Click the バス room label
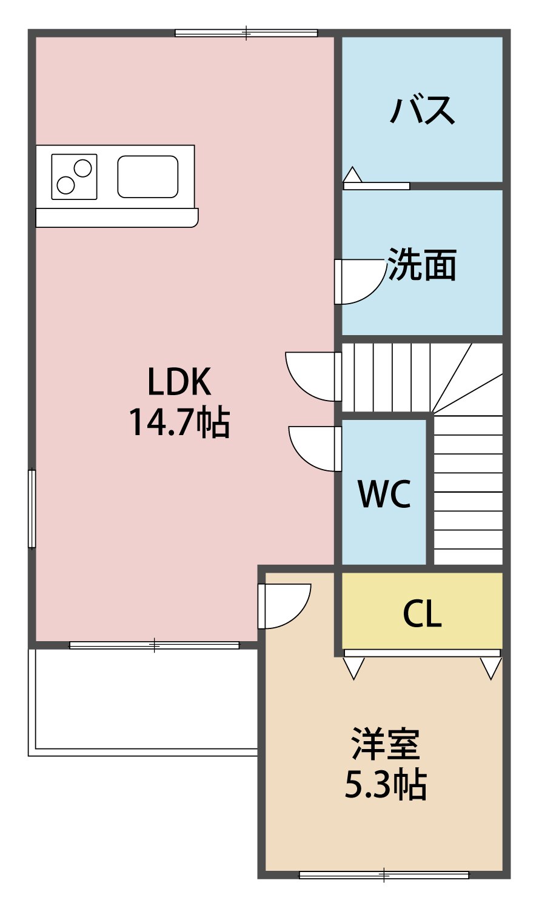click(x=422, y=110)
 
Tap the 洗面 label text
click(x=422, y=265)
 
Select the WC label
click(x=384, y=494)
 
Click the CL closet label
click(x=422, y=614)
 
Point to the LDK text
click(x=179, y=382)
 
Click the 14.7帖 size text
click(x=179, y=422)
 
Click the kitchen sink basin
click(x=148, y=176)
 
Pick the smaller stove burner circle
click(x=65, y=184)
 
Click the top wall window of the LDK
click(x=246, y=33)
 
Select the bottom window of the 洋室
click(x=384, y=874)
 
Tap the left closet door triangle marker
click(x=353, y=667)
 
